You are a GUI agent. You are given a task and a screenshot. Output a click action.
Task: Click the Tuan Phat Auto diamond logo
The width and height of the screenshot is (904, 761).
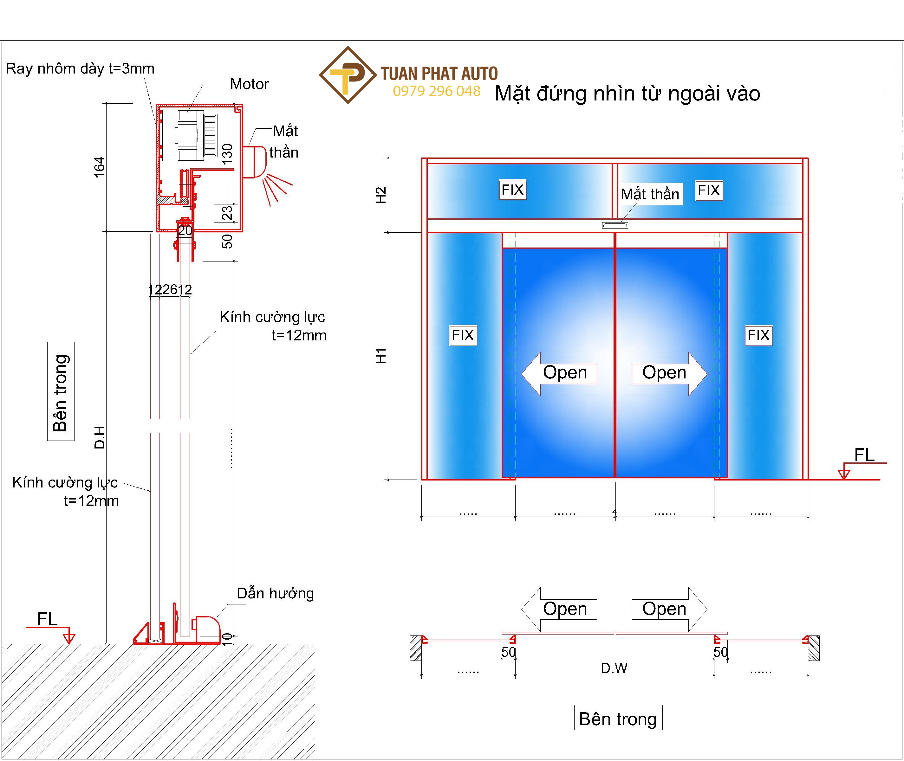tap(348, 75)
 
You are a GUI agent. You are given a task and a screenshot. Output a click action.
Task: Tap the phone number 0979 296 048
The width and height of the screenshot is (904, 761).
tap(436, 91)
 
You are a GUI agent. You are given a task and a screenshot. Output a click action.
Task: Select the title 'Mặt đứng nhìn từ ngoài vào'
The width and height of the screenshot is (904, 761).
tap(627, 94)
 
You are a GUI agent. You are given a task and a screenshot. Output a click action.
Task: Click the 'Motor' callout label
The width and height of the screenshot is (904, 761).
tap(250, 84)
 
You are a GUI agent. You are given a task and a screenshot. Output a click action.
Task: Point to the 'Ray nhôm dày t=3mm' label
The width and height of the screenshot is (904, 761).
tap(80, 68)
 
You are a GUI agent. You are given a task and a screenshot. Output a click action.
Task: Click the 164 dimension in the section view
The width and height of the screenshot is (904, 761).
tap(99, 167)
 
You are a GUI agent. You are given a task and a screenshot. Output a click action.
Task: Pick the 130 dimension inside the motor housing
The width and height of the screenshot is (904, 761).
tap(227, 154)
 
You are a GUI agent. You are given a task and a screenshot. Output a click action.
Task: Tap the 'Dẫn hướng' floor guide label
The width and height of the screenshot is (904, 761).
tap(275, 594)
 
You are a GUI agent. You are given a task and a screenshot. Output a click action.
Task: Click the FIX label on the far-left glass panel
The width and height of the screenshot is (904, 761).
tap(463, 335)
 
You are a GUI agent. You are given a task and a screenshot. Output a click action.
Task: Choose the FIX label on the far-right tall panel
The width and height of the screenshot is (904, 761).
tap(758, 335)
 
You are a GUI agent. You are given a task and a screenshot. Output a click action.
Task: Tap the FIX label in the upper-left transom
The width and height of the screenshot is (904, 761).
tap(512, 190)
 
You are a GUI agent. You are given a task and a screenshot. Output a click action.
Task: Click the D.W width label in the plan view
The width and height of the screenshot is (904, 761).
tap(614, 668)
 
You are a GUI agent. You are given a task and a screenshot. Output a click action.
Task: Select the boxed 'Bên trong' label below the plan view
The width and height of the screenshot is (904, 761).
tap(618, 719)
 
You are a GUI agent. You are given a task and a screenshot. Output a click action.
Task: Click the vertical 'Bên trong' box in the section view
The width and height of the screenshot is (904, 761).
tap(61, 391)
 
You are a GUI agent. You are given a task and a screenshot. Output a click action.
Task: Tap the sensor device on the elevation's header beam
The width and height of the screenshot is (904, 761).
tap(615, 225)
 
